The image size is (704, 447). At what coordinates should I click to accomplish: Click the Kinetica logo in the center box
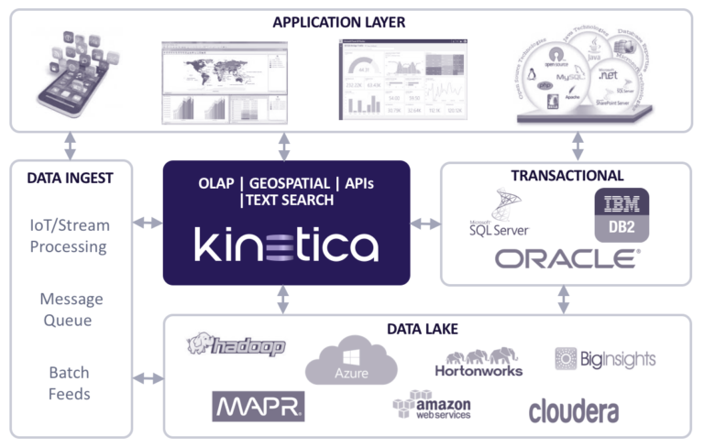[x=286, y=245]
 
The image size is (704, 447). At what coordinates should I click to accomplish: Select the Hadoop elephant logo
[x=236, y=345]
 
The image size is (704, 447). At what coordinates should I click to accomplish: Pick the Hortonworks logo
[x=478, y=362]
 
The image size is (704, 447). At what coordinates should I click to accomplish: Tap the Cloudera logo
[x=573, y=411]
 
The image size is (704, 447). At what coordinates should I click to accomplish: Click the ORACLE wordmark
[x=567, y=259]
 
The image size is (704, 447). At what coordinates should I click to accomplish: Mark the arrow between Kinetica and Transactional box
[x=423, y=223]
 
